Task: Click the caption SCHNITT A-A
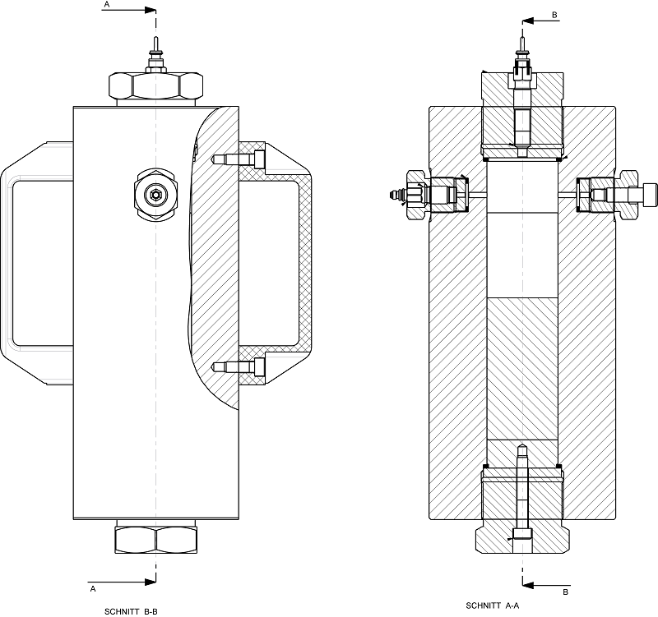(x=491, y=605)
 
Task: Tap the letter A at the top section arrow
(x=105, y=5)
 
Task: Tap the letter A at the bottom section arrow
(x=93, y=589)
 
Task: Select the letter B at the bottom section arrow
(x=565, y=592)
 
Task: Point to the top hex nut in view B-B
(x=155, y=85)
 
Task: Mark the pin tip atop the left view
(x=155, y=41)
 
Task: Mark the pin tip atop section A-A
(x=522, y=35)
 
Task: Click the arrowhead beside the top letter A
(x=150, y=11)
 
